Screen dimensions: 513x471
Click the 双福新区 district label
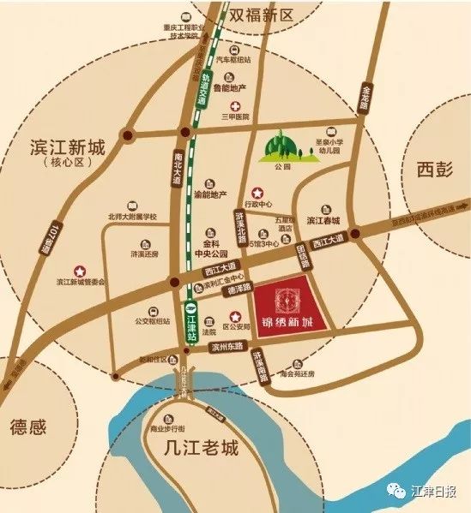tap(261, 15)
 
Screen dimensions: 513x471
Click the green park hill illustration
tap(285, 147)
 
